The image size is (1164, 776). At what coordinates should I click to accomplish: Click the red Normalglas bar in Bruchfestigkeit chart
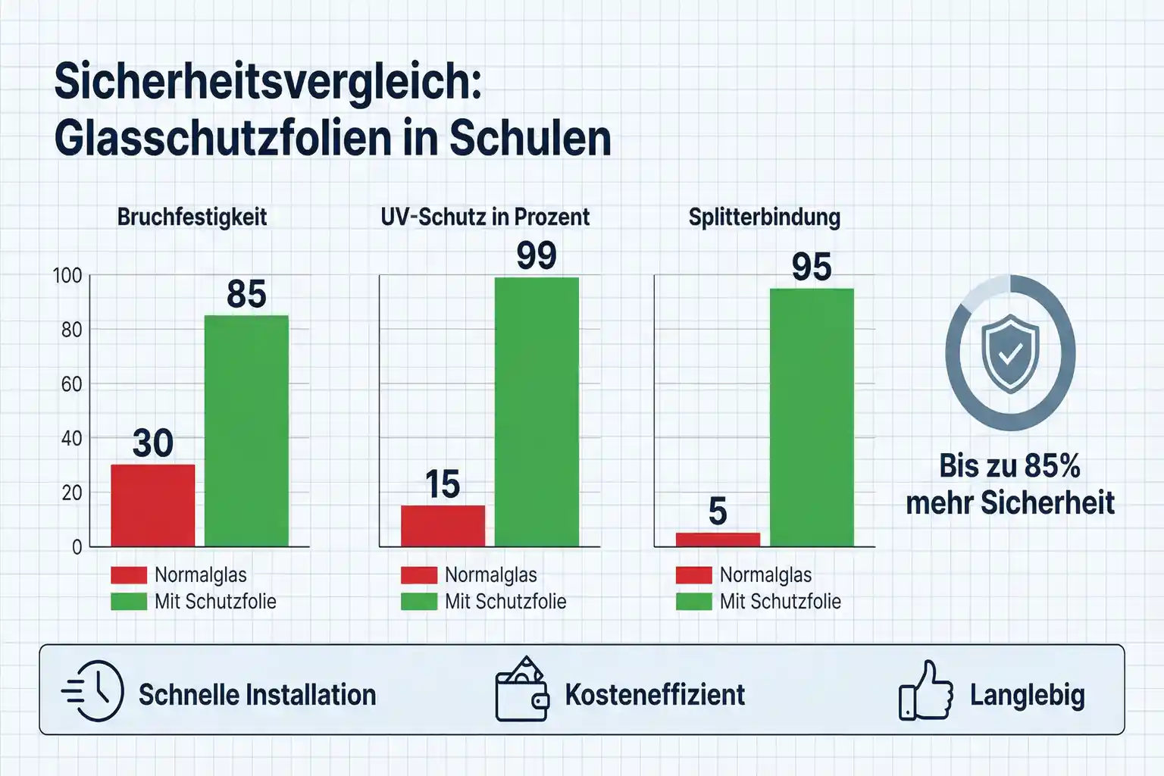click(x=152, y=505)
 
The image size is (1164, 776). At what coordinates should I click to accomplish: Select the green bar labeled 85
click(x=246, y=430)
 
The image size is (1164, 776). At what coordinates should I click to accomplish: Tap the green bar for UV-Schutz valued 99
click(x=537, y=411)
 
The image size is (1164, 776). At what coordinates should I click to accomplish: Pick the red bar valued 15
click(x=443, y=525)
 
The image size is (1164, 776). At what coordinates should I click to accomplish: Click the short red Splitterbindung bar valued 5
click(x=718, y=540)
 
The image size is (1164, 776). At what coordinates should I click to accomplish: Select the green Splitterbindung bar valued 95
click(x=812, y=417)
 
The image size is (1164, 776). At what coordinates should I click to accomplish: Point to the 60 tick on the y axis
click(x=71, y=384)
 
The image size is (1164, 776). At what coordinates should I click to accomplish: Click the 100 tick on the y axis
click(x=67, y=276)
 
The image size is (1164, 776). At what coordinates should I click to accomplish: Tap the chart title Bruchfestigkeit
click(x=192, y=217)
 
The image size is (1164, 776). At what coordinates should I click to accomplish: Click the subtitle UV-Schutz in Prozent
click(x=485, y=217)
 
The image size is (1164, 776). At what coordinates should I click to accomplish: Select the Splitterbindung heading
click(x=764, y=217)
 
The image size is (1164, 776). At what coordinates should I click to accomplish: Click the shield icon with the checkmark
click(x=1009, y=354)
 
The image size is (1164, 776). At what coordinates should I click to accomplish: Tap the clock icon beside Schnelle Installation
click(x=94, y=691)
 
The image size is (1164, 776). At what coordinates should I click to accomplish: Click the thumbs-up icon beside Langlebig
click(x=926, y=691)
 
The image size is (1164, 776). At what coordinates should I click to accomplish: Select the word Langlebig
click(x=1027, y=695)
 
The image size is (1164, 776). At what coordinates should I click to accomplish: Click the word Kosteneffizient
click(x=655, y=695)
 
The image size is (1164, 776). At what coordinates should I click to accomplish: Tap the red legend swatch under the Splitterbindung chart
click(x=693, y=575)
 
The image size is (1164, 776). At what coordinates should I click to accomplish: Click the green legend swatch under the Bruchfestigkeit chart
click(x=128, y=602)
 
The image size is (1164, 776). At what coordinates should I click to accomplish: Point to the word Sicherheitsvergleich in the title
click(x=268, y=82)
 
